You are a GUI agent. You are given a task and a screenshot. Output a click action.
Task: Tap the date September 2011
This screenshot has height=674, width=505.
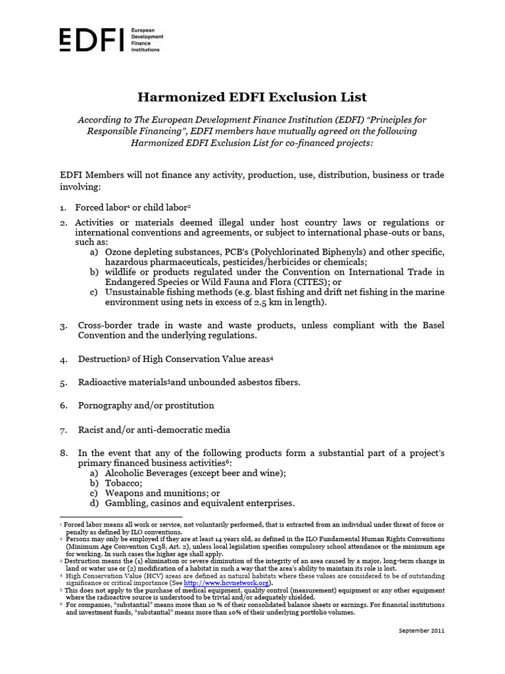click(x=421, y=630)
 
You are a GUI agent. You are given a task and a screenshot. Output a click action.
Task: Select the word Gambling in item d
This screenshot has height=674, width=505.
click(x=127, y=503)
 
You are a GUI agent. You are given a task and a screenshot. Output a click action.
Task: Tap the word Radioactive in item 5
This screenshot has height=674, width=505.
click(x=107, y=382)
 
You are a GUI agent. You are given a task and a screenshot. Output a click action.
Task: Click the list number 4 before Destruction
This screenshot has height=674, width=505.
click(x=63, y=360)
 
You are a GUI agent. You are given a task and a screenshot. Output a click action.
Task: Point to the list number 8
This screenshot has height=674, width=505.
click(x=63, y=454)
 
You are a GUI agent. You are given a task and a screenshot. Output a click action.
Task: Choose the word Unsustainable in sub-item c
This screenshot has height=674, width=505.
click(x=136, y=292)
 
